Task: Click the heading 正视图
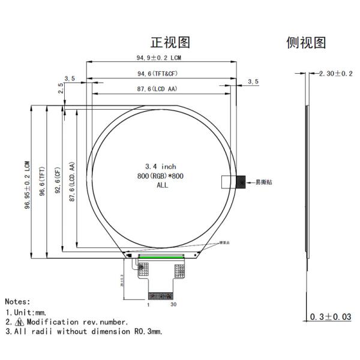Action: click(x=170, y=42)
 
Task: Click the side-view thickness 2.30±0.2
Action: click(x=335, y=73)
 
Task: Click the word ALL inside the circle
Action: click(x=162, y=185)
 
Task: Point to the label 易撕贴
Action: click(x=263, y=182)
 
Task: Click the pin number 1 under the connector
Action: click(x=148, y=305)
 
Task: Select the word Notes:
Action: click(x=17, y=302)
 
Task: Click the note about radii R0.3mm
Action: click(x=84, y=331)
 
